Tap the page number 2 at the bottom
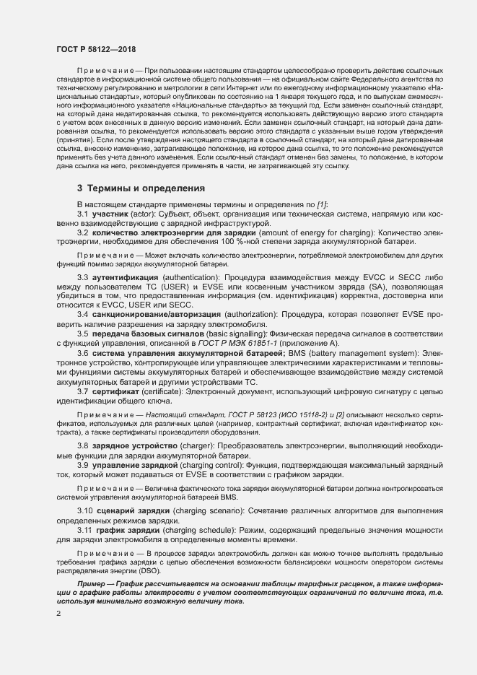point(58,614)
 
